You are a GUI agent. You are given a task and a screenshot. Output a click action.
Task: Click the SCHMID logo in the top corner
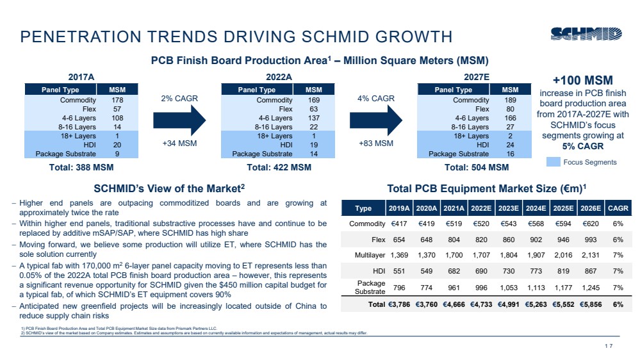click(x=587, y=33)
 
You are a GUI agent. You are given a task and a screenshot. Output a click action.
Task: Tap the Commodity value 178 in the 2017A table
click(x=117, y=100)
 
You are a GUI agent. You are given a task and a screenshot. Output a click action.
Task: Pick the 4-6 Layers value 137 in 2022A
click(x=313, y=118)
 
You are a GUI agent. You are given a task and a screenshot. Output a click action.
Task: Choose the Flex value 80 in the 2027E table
click(x=510, y=109)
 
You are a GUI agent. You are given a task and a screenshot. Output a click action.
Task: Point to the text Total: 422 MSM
click(x=279, y=168)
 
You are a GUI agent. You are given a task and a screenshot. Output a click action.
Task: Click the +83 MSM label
click(x=376, y=143)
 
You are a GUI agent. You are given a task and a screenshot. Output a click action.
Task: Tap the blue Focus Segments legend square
click(x=553, y=162)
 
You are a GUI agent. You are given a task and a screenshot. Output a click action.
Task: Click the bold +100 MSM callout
click(x=582, y=81)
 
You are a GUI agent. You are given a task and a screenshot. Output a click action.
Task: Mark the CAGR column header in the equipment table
click(x=618, y=208)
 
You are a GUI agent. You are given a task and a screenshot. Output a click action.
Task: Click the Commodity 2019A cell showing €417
click(x=398, y=224)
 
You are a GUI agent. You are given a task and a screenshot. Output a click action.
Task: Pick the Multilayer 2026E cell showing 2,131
click(x=591, y=256)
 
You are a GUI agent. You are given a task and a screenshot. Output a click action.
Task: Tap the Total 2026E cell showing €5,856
click(x=591, y=305)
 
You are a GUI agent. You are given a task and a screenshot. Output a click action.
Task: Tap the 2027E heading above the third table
click(x=476, y=77)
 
